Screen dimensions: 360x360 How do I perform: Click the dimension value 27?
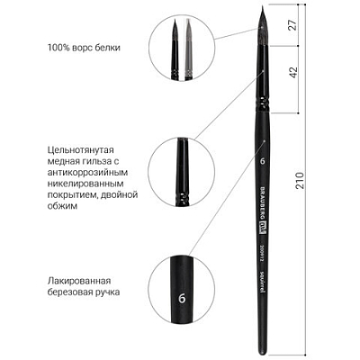click(x=293, y=25)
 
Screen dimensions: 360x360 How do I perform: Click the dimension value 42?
click(x=293, y=72)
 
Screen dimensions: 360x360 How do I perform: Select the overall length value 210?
click(x=300, y=180)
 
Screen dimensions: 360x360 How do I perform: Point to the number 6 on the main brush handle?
click(x=263, y=161)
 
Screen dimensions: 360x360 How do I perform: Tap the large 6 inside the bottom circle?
click(x=182, y=299)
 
